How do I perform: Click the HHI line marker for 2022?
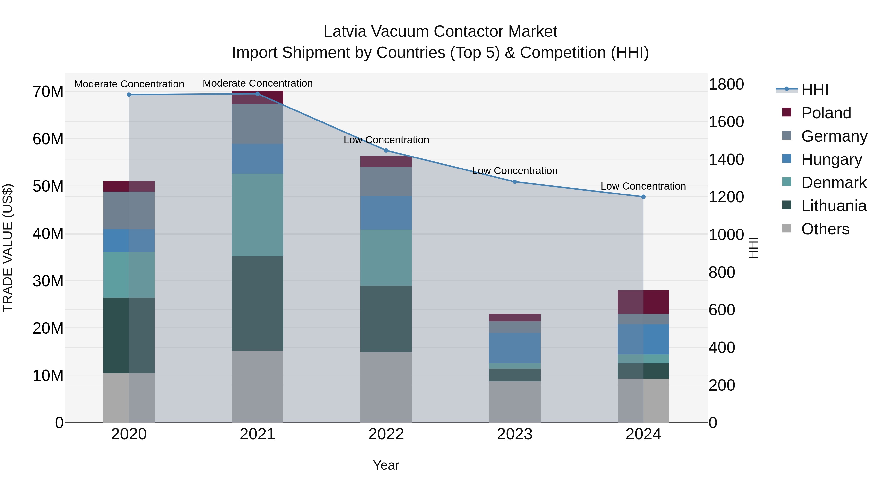pyautogui.click(x=386, y=150)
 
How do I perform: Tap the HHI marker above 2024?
pyautogui.click(x=643, y=197)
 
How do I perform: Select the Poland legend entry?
pyautogui.click(x=826, y=113)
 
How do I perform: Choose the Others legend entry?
pyautogui.click(x=825, y=229)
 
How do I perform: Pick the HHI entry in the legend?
pyautogui.click(x=815, y=90)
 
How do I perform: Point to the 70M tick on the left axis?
pyautogui.click(x=48, y=92)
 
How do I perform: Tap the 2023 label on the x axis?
pyautogui.click(x=514, y=434)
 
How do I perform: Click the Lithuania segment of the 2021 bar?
pyautogui.click(x=257, y=303)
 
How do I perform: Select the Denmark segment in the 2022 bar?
pyautogui.click(x=386, y=257)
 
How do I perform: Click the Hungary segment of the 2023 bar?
pyautogui.click(x=514, y=348)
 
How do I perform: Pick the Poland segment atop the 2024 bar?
pyautogui.click(x=643, y=302)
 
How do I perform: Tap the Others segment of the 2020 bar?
pyautogui.click(x=129, y=398)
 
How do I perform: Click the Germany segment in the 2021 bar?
pyautogui.click(x=257, y=124)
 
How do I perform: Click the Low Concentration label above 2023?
pyautogui.click(x=514, y=171)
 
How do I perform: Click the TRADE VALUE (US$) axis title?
pyautogui.click(x=8, y=248)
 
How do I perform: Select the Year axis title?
pyautogui.click(x=386, y=465)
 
